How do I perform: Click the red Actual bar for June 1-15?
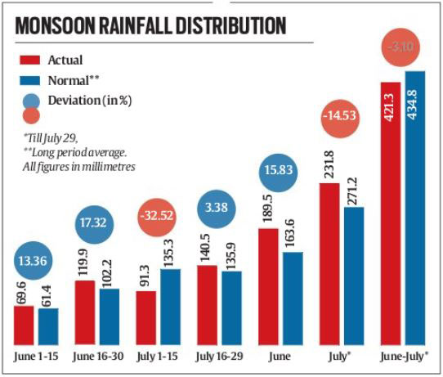pyautogui.click(x=25, y=325)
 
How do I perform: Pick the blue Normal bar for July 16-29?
pyautogui.click(x=231, y=307)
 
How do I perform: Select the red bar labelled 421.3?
pyautogui.click(x=388, y=213)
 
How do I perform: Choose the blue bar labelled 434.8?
pyautogui.click(x=414, y=208)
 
